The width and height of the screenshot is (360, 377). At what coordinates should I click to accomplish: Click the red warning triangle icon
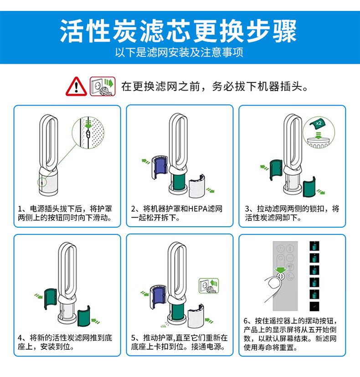76,87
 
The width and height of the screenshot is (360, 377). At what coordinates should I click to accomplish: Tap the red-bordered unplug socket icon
103,87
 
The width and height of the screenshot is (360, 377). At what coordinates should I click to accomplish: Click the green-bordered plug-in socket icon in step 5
209,285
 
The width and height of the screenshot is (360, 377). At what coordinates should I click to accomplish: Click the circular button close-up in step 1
88,132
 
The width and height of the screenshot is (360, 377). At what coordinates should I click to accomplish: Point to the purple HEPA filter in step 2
160,168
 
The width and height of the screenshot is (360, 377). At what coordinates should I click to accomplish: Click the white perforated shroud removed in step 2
197,186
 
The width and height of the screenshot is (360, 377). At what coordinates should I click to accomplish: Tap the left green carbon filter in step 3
276,170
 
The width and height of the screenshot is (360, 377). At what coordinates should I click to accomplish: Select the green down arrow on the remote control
281,270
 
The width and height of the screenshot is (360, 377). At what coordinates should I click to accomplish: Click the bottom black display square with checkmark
314,306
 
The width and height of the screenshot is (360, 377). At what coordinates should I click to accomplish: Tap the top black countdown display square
314,246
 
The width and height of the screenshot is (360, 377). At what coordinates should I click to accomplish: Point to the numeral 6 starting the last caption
246,321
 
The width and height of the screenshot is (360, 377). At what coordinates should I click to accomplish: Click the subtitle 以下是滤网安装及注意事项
179,52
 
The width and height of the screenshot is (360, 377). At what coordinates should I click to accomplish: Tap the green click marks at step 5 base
165,325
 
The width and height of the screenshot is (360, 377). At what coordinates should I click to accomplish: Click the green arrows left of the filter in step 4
38,296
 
